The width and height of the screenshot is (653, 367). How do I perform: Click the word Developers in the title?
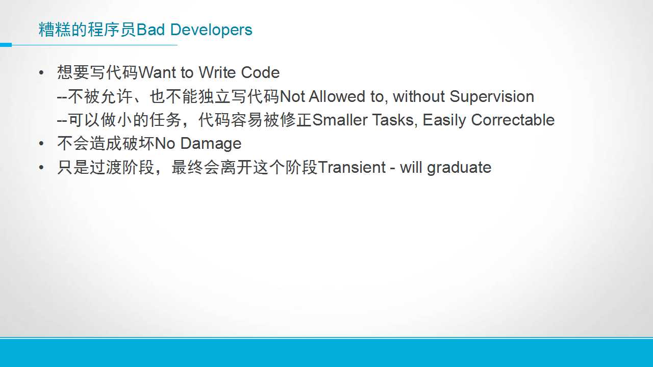coord(211,30)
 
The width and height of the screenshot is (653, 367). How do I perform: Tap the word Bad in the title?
coord(150,30)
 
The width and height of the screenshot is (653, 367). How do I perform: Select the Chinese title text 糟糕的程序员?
coord(87,30)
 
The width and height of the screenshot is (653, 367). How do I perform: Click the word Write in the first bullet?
coord(217,72)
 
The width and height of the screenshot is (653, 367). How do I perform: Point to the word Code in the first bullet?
coord(260,72)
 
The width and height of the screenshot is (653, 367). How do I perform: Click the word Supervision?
coord(492,97)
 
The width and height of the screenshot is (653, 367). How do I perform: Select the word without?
coord(419,96)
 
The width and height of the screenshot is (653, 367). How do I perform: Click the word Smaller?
coord(340,120)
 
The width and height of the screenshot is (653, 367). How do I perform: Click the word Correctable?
coord(513,120)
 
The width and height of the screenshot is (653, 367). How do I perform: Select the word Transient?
coord(352,168)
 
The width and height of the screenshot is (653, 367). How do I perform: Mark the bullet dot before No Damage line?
coord(41,144)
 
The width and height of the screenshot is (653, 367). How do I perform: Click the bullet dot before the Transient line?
coord(41,168)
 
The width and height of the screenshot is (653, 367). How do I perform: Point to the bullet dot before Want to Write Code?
coord(41,72)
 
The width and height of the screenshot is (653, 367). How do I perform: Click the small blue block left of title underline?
coord(6,45)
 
